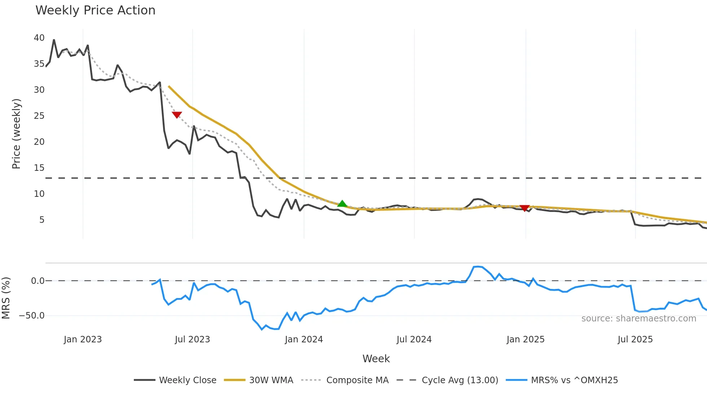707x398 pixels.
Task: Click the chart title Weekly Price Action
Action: pos(95,10)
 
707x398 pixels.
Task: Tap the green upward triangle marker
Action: pos(342,204)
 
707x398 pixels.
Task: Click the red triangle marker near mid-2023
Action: pos(177,115)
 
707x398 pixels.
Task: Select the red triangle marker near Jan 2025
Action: pos(524,208)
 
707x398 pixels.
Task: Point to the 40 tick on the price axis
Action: pos(39,38)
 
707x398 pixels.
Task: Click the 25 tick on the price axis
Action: pos(39,116)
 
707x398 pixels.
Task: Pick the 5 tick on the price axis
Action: pos(42,220)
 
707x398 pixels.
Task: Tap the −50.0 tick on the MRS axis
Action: pos(32,316)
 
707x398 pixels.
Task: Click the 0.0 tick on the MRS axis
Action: pos(38,281)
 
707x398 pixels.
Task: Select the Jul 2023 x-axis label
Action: pos(192,339)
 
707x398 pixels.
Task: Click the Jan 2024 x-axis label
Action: pos(304,339)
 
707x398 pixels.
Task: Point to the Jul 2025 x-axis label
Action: pos(635,339)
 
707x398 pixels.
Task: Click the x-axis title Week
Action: pos(376,359)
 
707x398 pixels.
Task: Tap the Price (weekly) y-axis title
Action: pos(16,134)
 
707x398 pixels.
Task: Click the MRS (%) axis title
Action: pos(6,298)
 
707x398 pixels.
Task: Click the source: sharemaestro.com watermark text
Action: pos(638,319)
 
